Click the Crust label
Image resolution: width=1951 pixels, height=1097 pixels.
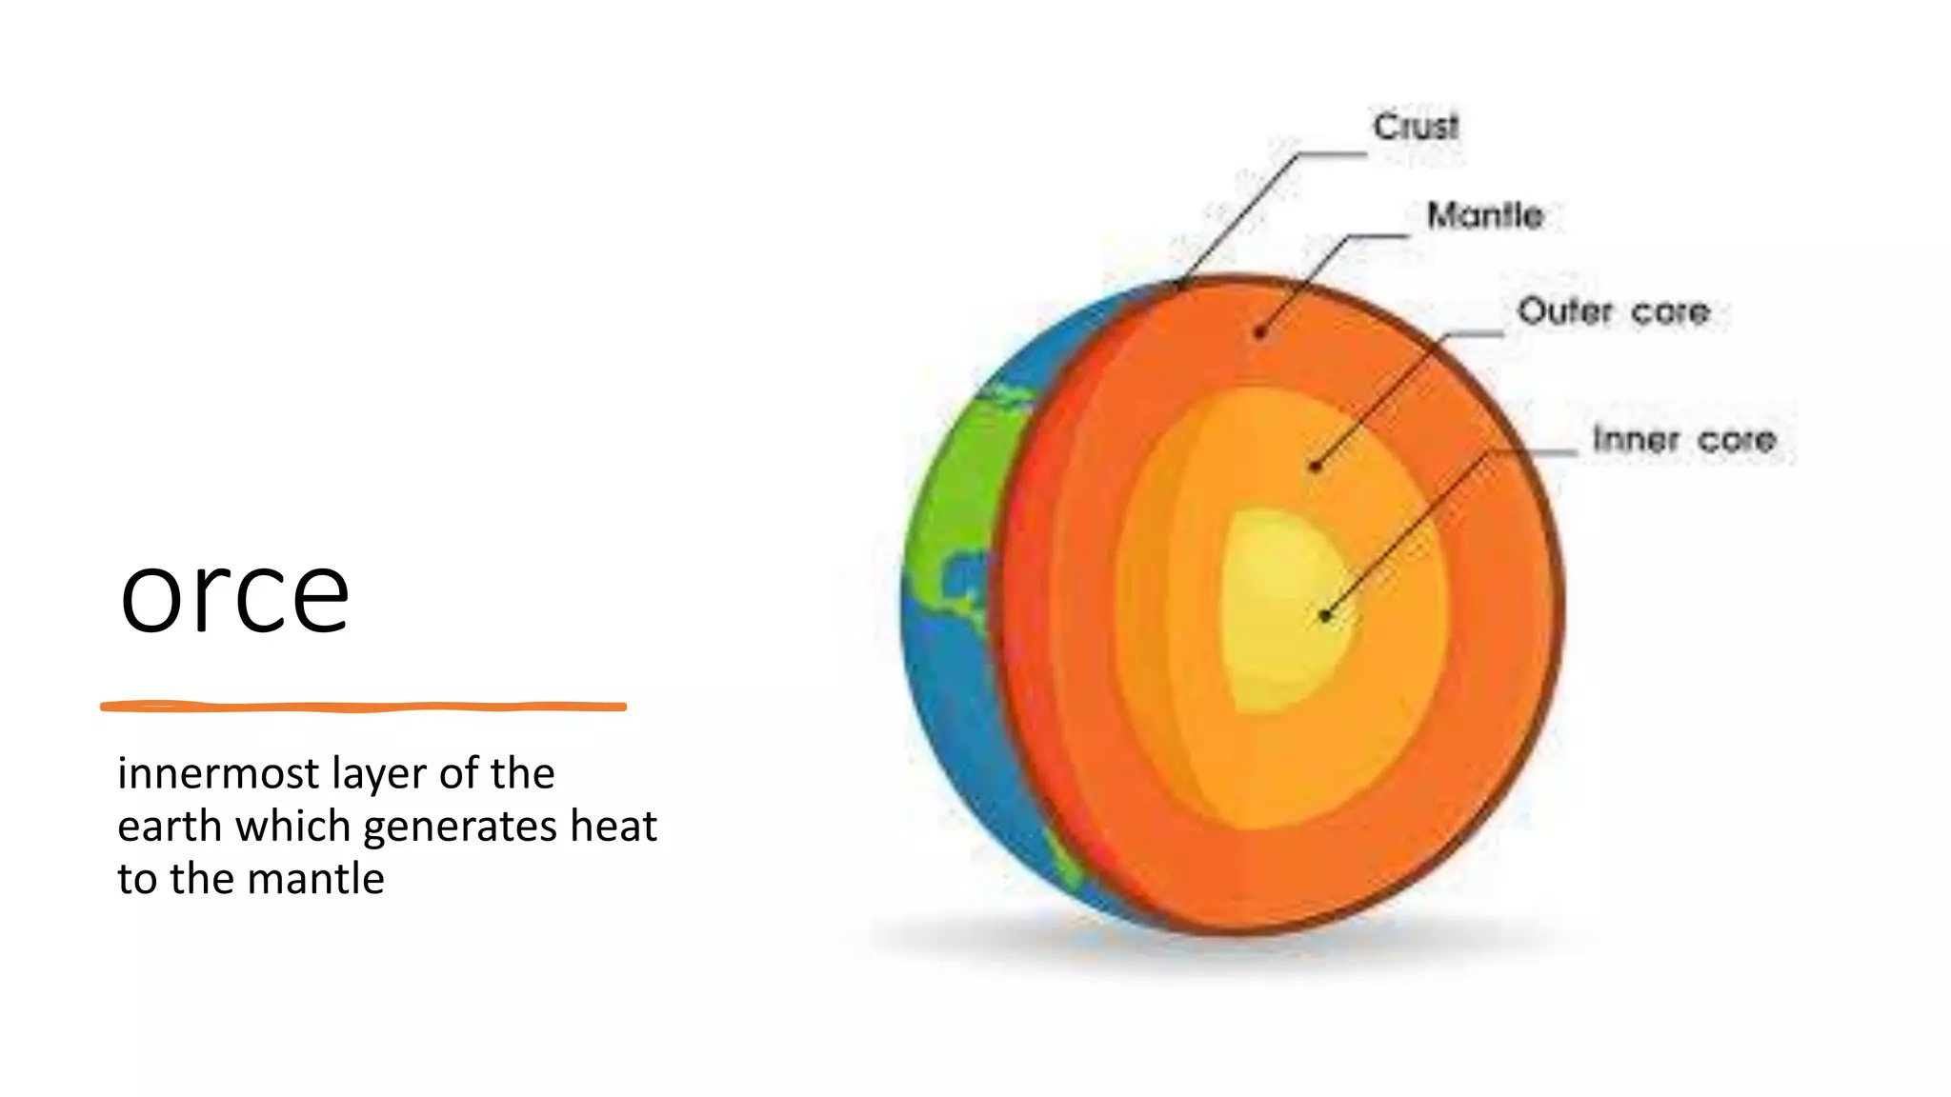(x=1415, y=127)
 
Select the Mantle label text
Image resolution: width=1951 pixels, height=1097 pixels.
(x=1484, y=215)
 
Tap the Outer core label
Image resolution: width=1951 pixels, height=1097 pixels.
(x=1613, y=311)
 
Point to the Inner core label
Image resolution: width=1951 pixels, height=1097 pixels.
(x=1684, y=439)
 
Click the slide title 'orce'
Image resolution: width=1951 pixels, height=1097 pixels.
(x=234, y=595)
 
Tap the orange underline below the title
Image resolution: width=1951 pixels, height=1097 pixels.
(x=363, y=707)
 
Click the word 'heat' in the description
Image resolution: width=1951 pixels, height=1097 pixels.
(x=613, y=826)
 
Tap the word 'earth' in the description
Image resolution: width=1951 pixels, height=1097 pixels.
(x=170, y=827)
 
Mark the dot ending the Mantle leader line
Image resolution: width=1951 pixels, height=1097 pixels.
(x=1260, y=332)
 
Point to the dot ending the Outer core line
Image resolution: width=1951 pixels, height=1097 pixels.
(x=1316, y=466)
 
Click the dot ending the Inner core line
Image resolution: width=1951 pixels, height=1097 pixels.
(x=1325, y=616)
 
